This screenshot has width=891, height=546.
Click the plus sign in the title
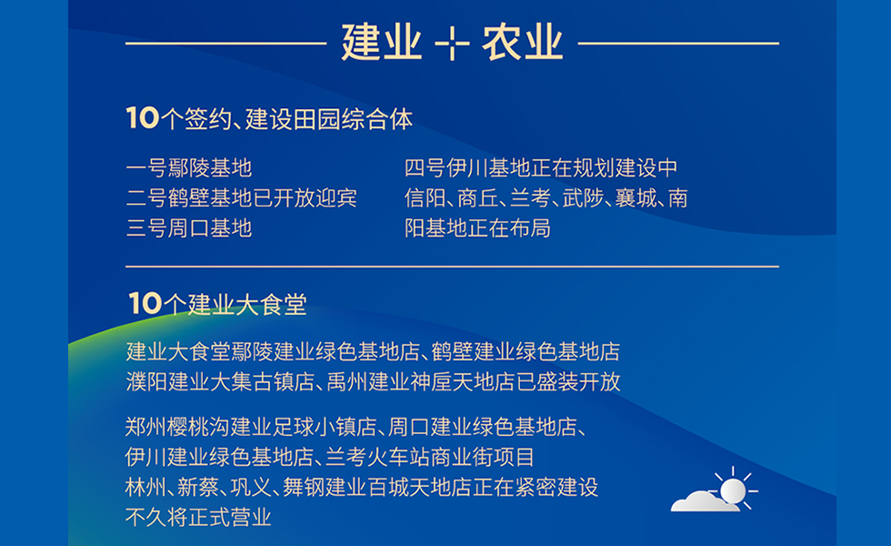pyautogui.click(x=452, y=43)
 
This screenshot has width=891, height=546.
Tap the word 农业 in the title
pyautogui.click(x=523, y=43)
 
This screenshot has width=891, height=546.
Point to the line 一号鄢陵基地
pyautogui.click(x=189, y=168)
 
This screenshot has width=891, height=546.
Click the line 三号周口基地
pyautogui.click(x=189, y=227)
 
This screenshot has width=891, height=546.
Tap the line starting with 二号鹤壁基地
pyautogui.click(x=242, y=197)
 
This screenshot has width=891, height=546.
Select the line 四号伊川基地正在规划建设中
pyautogui.click(x=541, y=168)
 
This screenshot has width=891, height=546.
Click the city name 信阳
pyautogui.click(x=425, y=197)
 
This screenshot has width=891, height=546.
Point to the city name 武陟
pyautogui.click(x=583, y=197)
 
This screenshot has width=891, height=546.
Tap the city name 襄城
pyautogui.click(x=636, y=197)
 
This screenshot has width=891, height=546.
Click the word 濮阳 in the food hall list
pyautogui.click(x=147, y=381)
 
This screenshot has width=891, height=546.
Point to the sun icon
pyautogui.click(x=733, y=490)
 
